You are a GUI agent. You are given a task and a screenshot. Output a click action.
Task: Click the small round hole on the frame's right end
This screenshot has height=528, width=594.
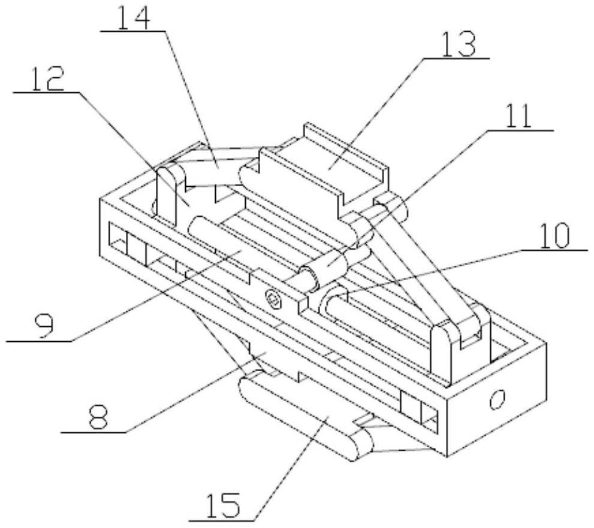pos(496,399)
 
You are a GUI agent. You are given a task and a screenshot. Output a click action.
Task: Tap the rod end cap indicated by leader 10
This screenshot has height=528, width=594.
pos(336,299)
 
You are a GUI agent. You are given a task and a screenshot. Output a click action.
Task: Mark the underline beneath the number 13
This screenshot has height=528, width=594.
pos(456,58)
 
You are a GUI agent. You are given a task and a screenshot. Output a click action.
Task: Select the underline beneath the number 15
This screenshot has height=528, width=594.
pos(223,521)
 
